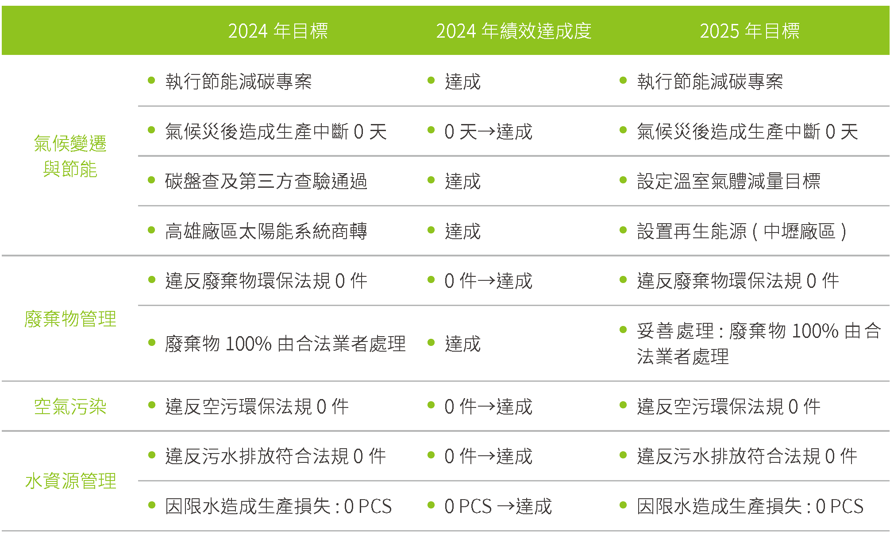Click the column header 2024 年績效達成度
pos(513,31)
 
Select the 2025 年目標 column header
pos(750,31)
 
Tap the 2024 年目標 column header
pos(278,31)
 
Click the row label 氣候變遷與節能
pos(70,156)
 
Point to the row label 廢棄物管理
pos(70,319)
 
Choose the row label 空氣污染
pos(70,407)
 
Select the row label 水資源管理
pos(70,481)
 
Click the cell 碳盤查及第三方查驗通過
pos(266,181)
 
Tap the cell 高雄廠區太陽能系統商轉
pos(266,231)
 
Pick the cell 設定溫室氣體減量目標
pos(728,181)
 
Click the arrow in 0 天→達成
pos(486,132)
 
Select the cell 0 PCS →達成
pos(498,506)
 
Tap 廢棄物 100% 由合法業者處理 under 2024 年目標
pos(285,344)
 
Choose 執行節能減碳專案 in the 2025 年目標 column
pos(710,81)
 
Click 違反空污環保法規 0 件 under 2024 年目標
pos(257,407)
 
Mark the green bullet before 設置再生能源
pos(623,230)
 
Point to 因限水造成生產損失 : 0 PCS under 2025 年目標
pos(750,506)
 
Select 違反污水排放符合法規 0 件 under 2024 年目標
pos(275,456)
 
